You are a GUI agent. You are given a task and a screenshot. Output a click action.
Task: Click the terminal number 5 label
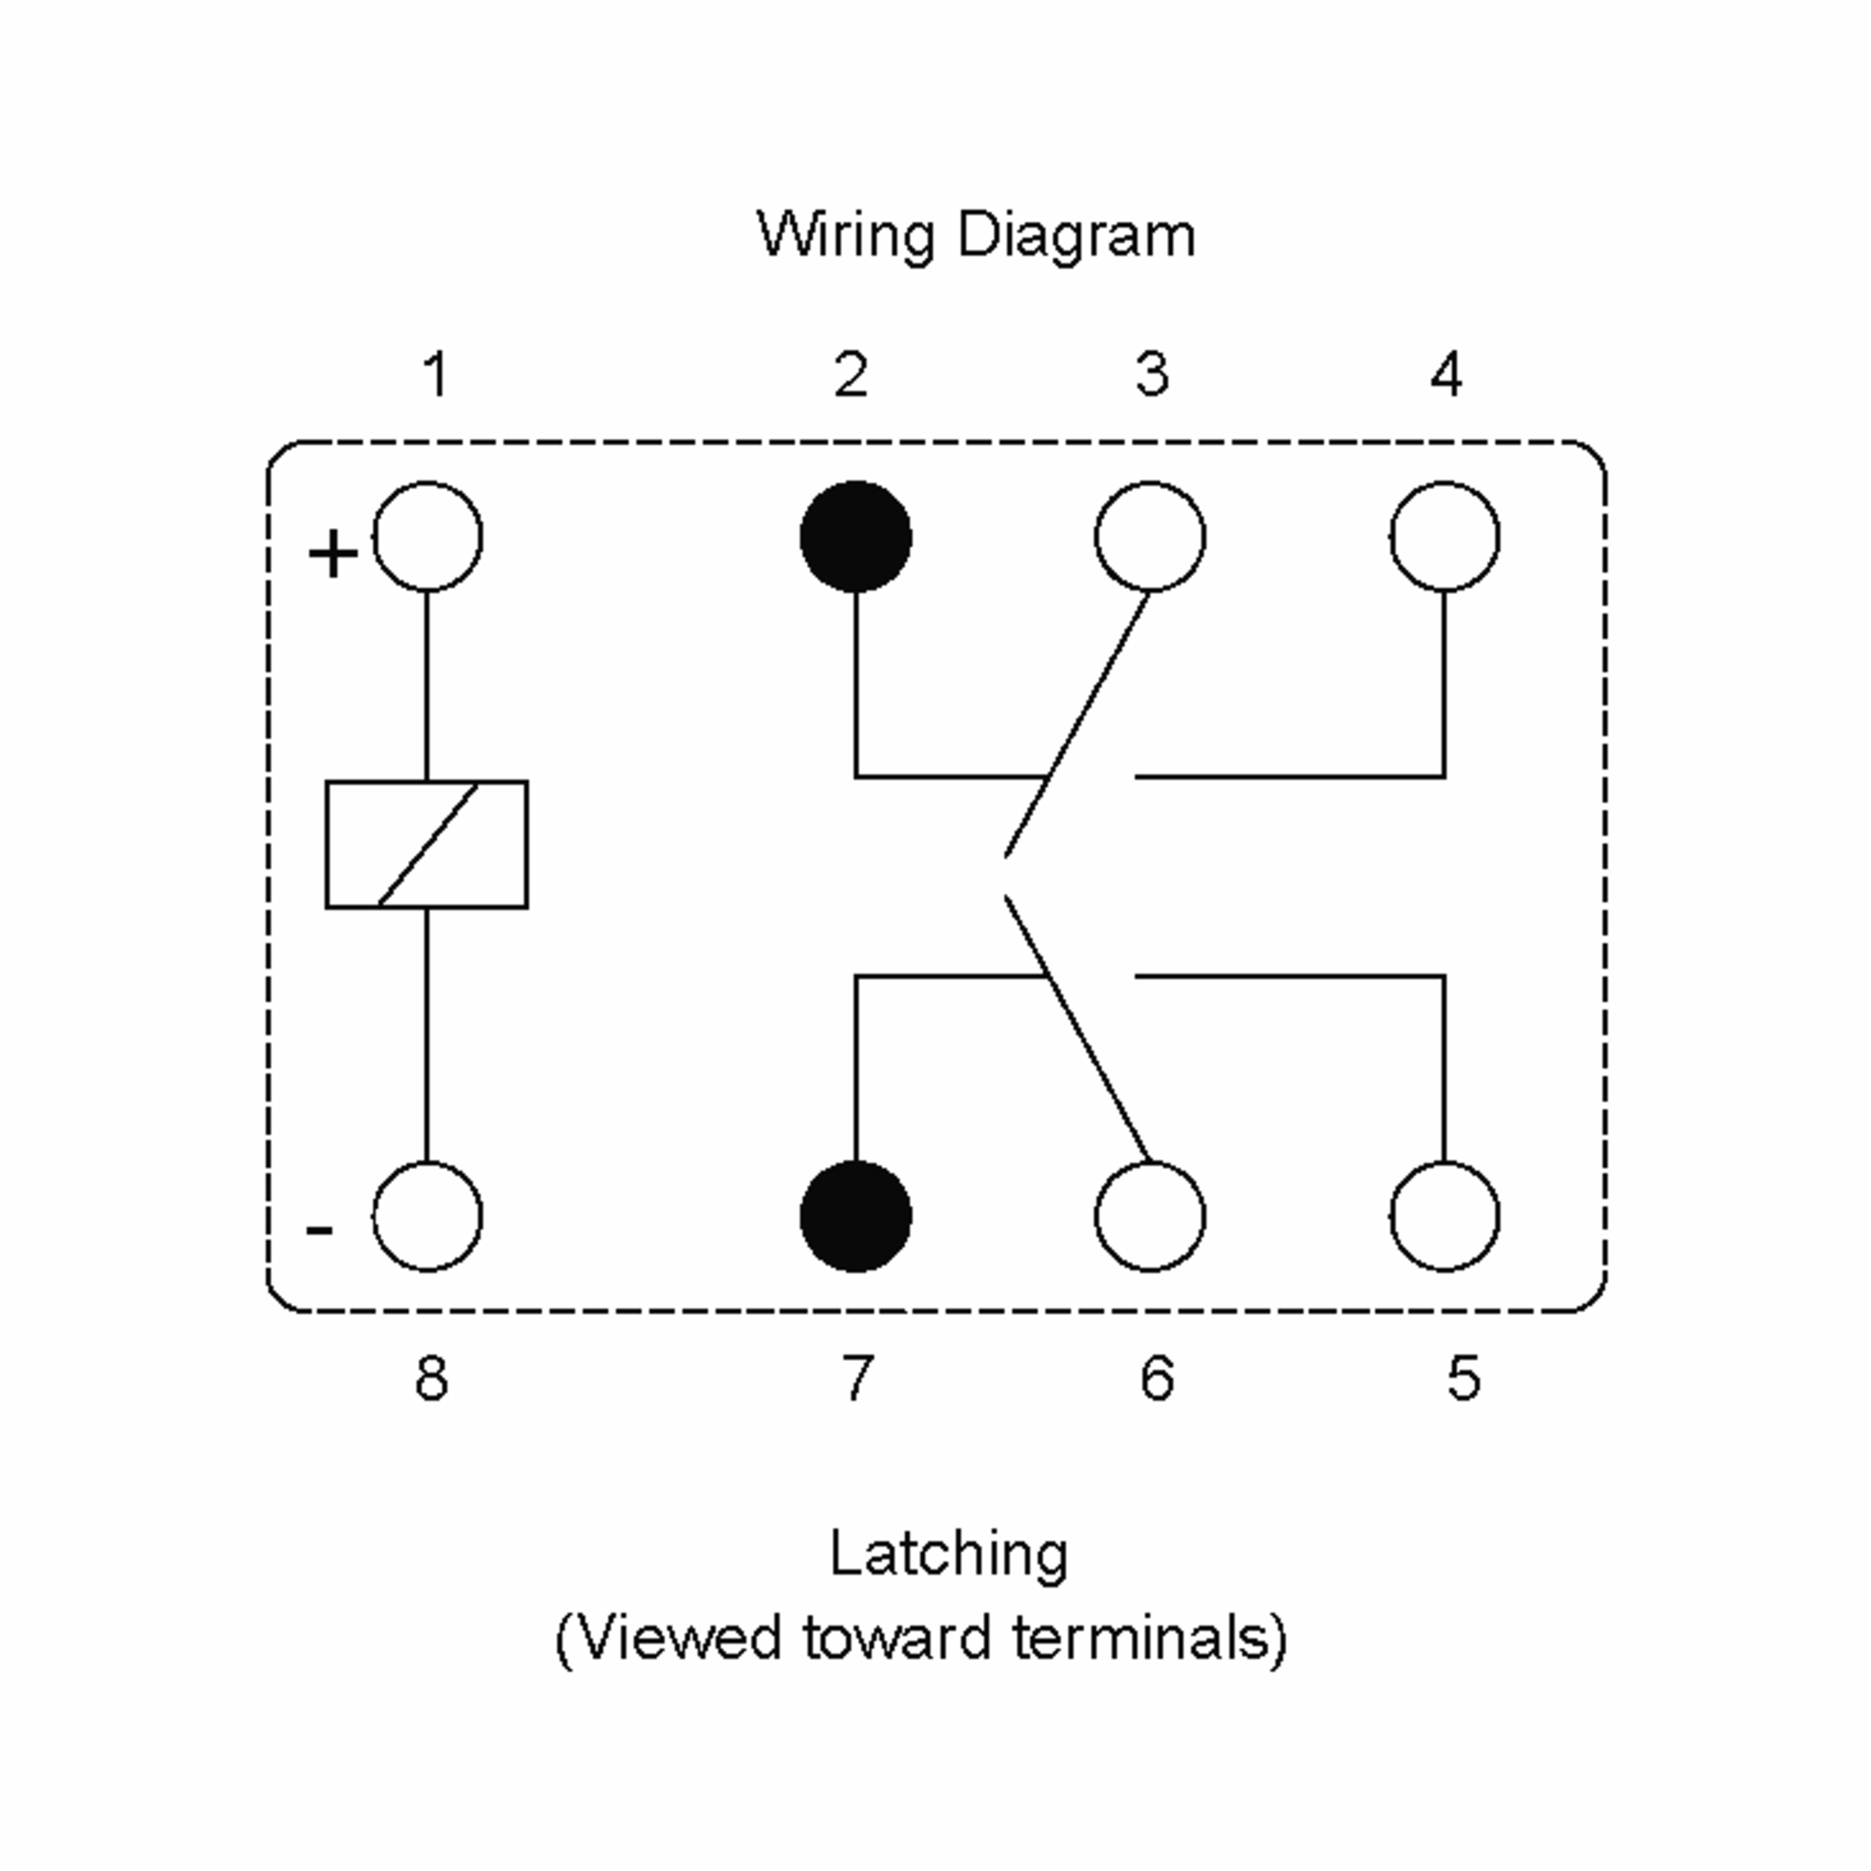point(1464,1378)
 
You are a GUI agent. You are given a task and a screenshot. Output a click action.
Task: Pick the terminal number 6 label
point(1157,1378)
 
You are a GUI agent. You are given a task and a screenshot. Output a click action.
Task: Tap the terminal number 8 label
point(432,1378)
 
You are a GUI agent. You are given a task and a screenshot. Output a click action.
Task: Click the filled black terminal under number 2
point(856,536)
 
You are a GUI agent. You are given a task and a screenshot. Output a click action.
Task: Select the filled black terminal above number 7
point(856,1216)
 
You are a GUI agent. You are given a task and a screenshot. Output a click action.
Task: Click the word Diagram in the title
point(1076,235)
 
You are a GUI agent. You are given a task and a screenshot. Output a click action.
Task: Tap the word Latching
point(949,1554)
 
